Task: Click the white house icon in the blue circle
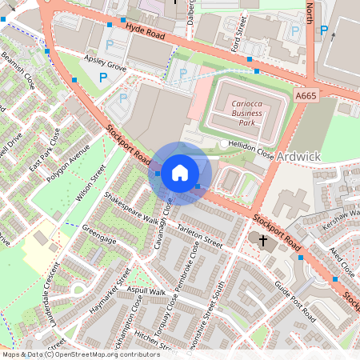coord(180,172)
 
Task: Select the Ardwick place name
coord(298,155)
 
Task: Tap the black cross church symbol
coord(263,239)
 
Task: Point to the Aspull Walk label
coord(145,291)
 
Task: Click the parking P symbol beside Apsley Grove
coord(103,78)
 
